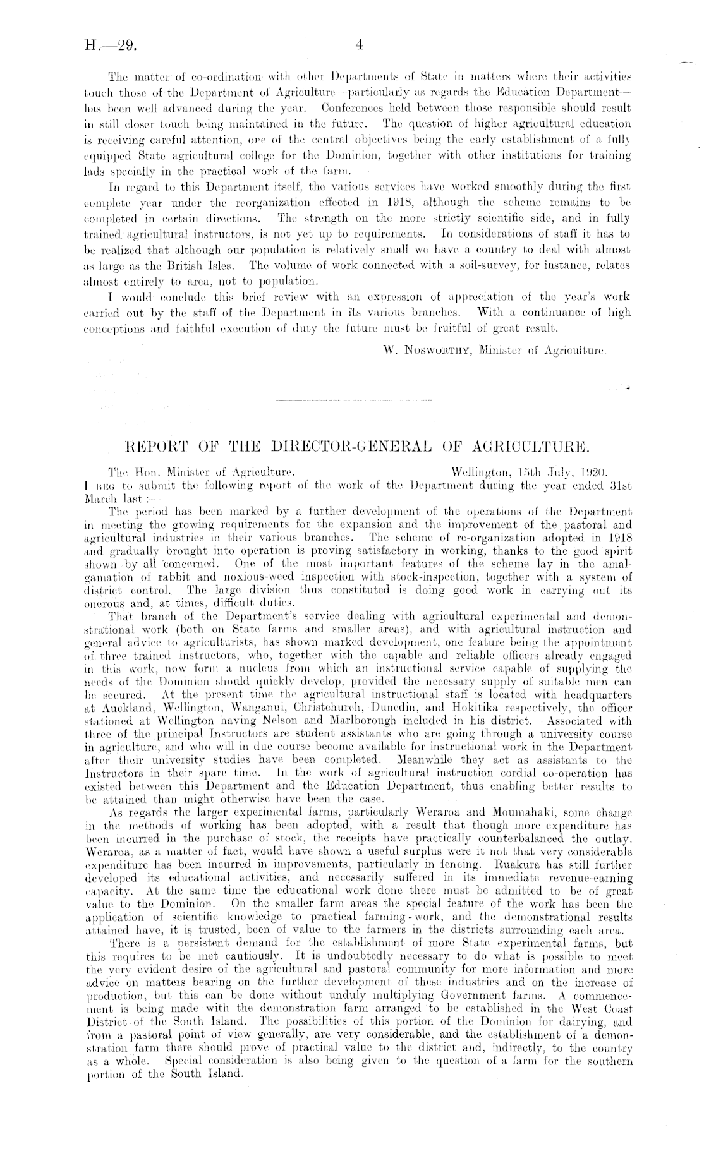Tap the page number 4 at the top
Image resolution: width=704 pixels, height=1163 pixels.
click(358, 45)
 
